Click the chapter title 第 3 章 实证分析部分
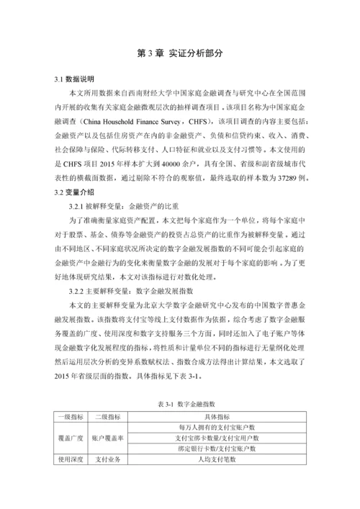coord(179,53)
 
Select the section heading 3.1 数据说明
coord(74,78)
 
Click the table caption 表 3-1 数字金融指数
coord(179,405)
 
